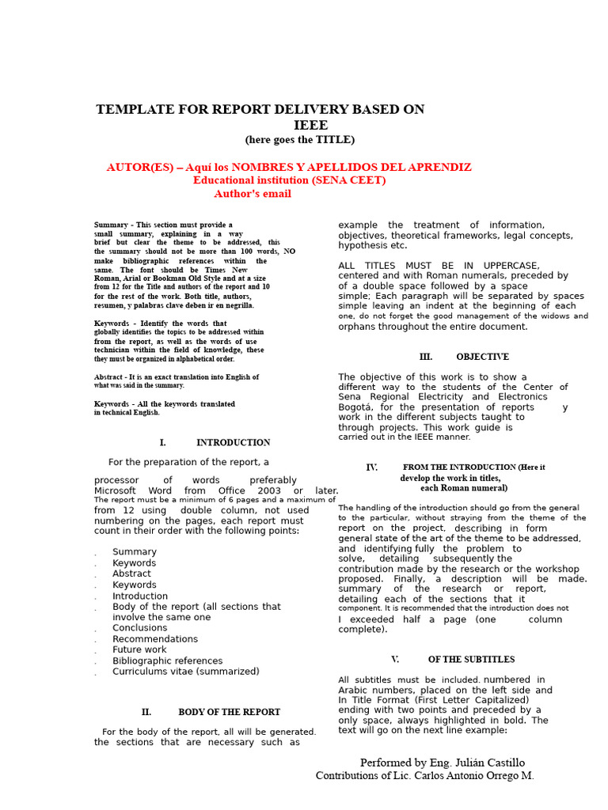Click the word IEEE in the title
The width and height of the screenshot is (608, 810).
[x=310, y=125]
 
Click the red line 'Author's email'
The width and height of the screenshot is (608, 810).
[x=253, y=194]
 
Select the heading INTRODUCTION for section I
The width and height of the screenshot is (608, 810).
[x=233, y=442]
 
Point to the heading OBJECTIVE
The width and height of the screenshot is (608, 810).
[x=482, y=357]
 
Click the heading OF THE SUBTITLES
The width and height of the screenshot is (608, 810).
[x=471, y=659]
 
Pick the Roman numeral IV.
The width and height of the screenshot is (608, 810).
[x=371, y=467]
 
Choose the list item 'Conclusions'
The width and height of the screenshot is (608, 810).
[x=140, y=628]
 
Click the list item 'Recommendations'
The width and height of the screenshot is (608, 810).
[x=155, y=639]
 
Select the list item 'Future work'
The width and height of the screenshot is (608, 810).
[x=139, y=649]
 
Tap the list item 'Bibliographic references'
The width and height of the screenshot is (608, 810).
[x=167, y=660]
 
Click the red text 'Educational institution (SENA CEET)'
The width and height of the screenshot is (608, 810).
[x=289, y=180]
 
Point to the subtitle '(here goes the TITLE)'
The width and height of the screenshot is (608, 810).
[x=300, y=140]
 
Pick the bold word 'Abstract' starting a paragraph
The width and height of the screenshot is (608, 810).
[x=108, y=377]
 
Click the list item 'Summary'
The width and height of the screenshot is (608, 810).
[x=135, y=552]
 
